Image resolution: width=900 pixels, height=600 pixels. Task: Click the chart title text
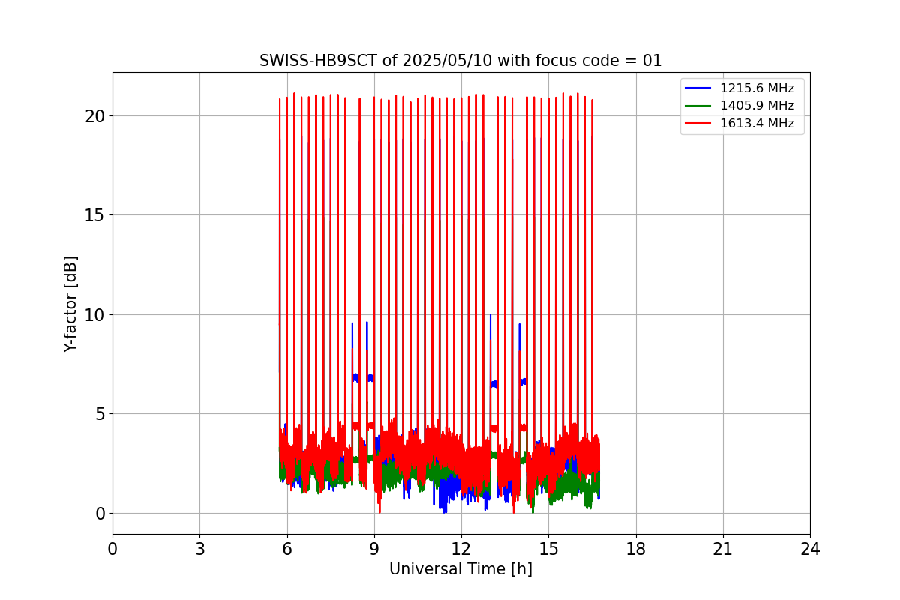click(x=460, y=61)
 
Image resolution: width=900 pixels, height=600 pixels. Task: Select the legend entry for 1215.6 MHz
click(x=757, y=88)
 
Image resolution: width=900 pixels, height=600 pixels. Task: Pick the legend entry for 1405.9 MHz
click(x=757, y=106)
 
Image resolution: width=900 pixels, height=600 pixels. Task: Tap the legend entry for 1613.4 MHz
click(x=757, y=124)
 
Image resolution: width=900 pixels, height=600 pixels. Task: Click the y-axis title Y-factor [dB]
click(x=71, y=304)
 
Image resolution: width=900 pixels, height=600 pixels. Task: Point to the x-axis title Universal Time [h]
click(x=460, y=569)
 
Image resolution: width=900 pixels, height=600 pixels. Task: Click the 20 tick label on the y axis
click(x=94, y=116)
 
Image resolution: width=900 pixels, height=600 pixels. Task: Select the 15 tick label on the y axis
click(x=94, y=215)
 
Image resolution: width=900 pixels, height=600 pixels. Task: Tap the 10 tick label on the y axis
click(x=94, y=315)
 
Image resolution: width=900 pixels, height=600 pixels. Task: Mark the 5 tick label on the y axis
click(x=99, y=414)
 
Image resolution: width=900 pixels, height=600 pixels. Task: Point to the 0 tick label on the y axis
click(x=99, y=514)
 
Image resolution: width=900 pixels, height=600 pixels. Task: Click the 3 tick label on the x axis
click(x=199, y=549)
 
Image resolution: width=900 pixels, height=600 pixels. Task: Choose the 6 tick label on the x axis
click(x=286, y=549)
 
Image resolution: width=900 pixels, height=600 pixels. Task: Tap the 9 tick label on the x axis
click(x=374, y=549)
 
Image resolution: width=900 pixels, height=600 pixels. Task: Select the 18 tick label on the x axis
click(x=636, y=549)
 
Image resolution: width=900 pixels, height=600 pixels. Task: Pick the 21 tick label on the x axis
click(x=723, y=549)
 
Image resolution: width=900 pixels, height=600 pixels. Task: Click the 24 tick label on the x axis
click(x=810, y=549)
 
